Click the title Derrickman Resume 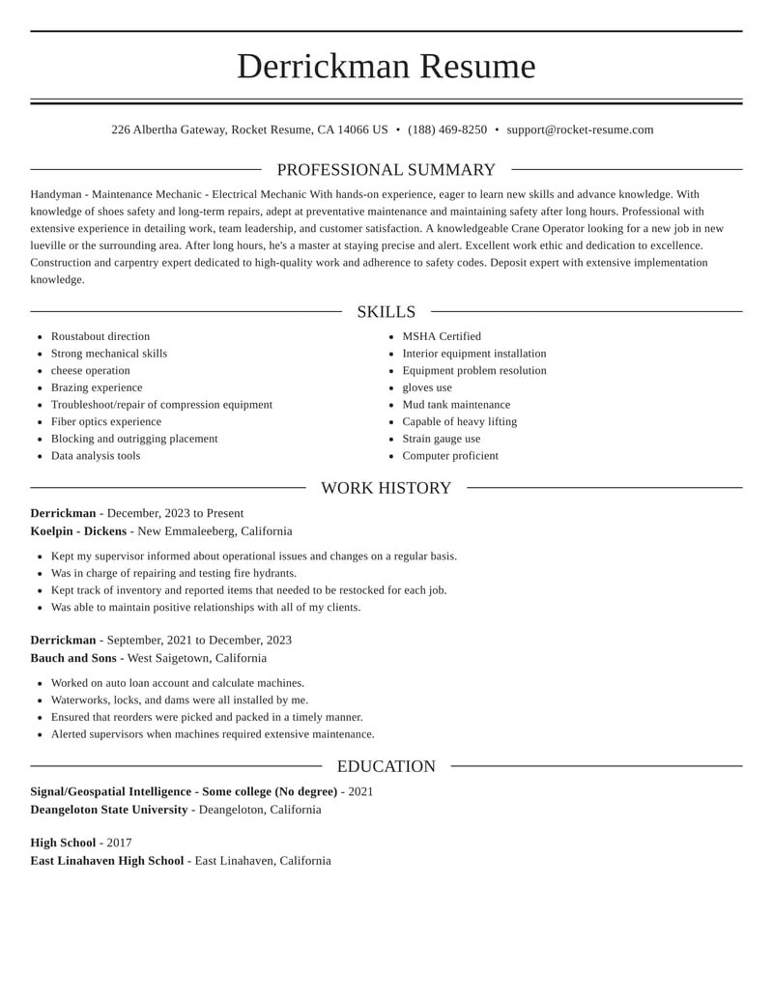point(386,67)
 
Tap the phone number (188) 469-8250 point(447,129)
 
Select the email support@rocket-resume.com point(580,129)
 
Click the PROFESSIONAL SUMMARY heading point(386,170)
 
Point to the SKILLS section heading point(386,312)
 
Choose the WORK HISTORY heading point(386,488)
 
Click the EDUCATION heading point(386,766)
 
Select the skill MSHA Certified point(442,336)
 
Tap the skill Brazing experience point(97,387)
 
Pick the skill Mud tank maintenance point(456,405)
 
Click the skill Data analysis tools point(96,456)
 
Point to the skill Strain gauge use point(442,439)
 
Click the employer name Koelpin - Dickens point(78,531)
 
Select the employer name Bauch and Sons point(73,658)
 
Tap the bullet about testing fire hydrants point(174,573)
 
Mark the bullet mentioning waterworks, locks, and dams point(180,700)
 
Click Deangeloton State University point(109,810)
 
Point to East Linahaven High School point(107,861)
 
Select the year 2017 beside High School point(119,843)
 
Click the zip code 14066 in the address point(354,129)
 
